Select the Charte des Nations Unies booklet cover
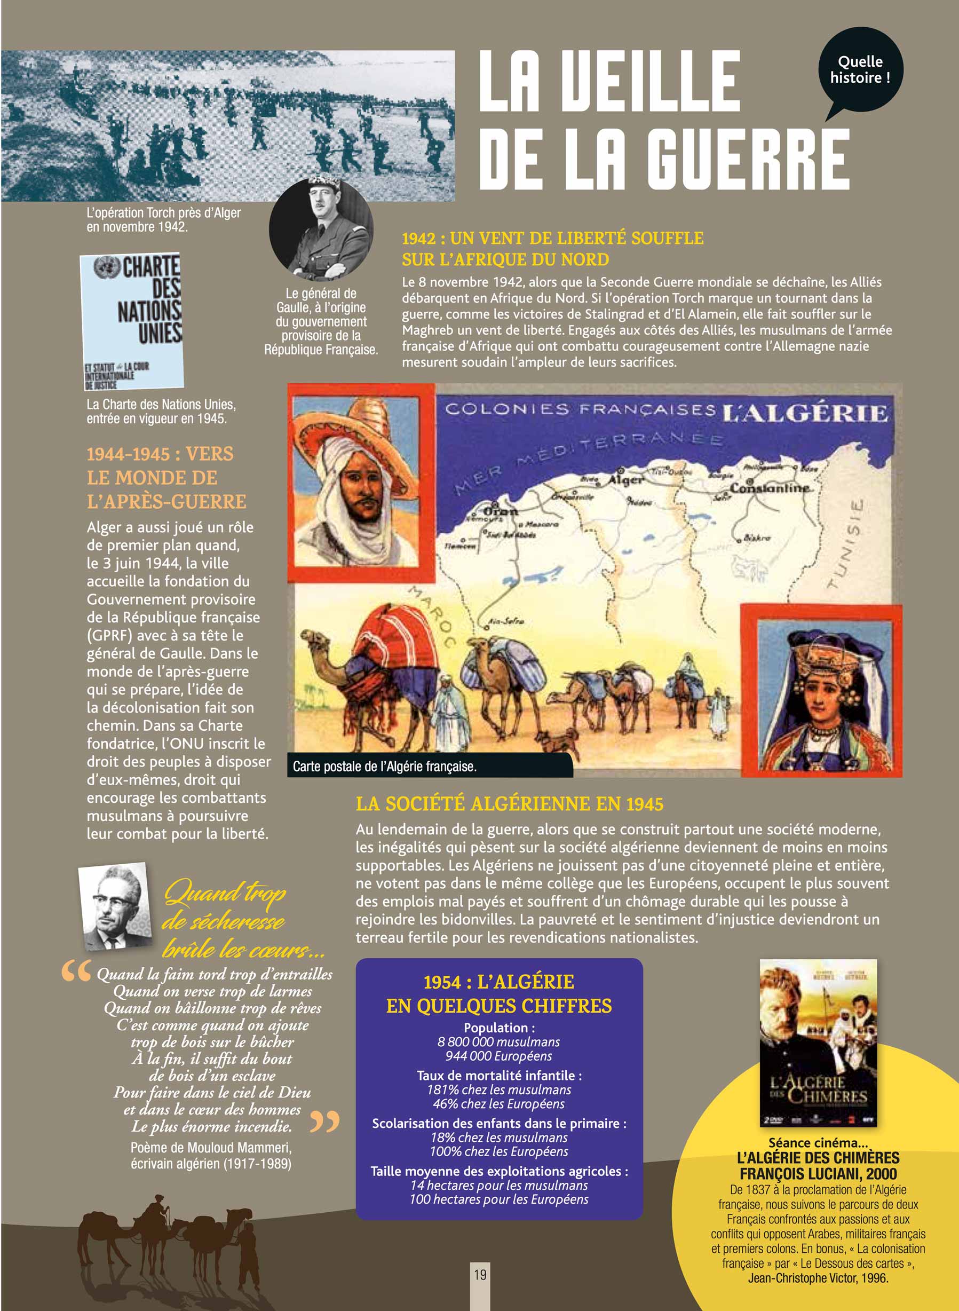tap(132, 320)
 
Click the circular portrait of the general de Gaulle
tap(321, 229)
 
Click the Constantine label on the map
tap(769, 488)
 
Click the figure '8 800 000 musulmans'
tap(498, 1041)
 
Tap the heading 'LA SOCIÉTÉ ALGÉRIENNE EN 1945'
tap(509, 804)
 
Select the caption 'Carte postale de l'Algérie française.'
tap(384, 767)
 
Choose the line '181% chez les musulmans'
tap(498, 1090)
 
